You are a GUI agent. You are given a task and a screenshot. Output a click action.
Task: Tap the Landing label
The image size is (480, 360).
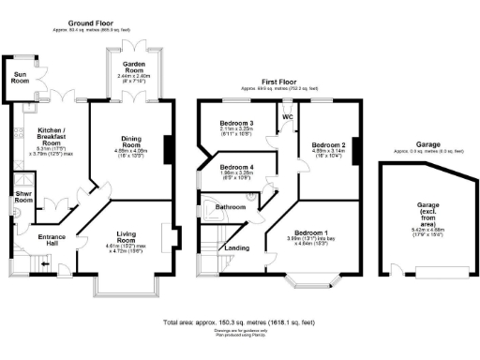[x=237, y=248]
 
